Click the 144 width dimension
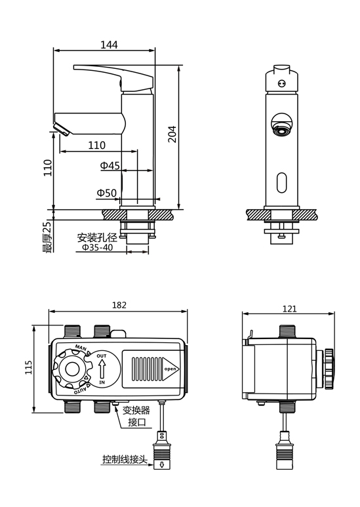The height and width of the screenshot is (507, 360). (109, 45)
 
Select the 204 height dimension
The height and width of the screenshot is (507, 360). (172, 134)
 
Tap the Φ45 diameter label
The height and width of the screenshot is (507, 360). (110, 165)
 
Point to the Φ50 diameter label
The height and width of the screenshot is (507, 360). (107, 193)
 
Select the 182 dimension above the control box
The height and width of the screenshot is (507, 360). (119, 305)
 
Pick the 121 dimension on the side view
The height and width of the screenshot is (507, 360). (290, 309)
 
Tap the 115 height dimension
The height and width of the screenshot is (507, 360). (29, 368)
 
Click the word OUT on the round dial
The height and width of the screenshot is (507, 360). (102, 356)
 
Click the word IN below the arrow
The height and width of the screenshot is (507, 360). (102, 382)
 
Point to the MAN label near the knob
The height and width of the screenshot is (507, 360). (81, 348)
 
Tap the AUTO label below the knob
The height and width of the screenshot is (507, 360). (81, 389)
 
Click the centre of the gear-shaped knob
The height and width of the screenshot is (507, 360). (72, 369)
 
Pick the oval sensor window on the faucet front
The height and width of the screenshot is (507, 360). (282, 183)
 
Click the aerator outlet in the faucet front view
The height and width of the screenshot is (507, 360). (282, 131)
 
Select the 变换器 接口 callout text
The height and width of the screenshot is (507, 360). (136, 416)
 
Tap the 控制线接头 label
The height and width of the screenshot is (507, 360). (125, 459)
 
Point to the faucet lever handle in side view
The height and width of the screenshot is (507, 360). (113, 78)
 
